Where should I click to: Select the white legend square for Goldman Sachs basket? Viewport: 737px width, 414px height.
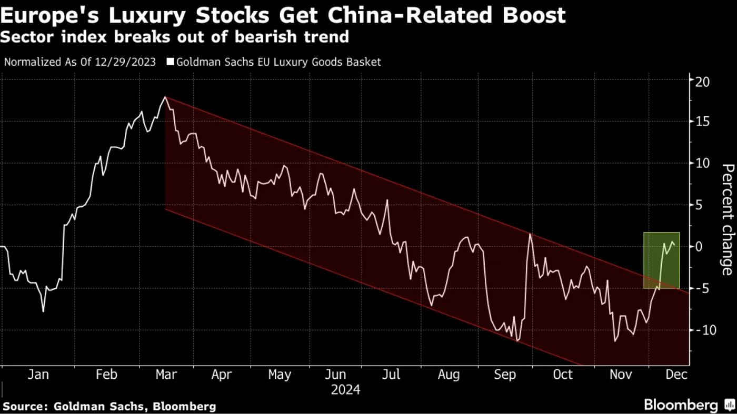pos(170,62)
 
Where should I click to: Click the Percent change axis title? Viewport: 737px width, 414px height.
pos(727,219)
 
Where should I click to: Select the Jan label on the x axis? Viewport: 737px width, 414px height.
pos(38,375)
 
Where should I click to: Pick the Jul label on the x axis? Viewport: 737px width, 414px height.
pos(391,375)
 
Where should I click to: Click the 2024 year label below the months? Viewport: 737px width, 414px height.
pos(345,390)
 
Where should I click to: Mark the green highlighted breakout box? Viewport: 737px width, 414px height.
pos(662,260)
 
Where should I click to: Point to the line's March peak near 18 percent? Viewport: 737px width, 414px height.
pos(165,97)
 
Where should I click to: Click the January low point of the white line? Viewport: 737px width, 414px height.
pos(43,311)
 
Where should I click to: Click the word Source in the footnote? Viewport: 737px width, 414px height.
pos(23,406)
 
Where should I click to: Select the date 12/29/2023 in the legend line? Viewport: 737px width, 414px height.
pos(126,62)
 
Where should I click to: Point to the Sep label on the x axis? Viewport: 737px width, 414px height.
pos(505,375)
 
